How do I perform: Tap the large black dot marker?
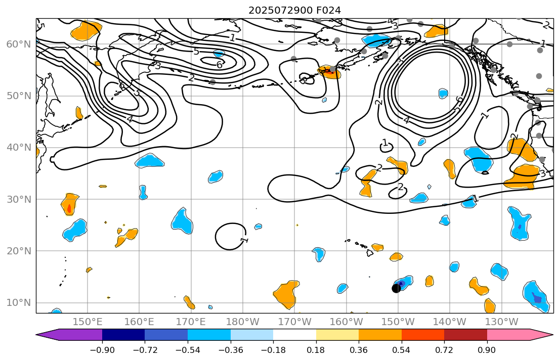pyautogui.click(x=396, y=288)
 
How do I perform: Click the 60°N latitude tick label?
pyautogui.click(x=19, y=44)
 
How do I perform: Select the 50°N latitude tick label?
pyautogui.click(x=19, y=96)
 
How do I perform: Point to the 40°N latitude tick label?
pyautogui.click(x=19, y=148)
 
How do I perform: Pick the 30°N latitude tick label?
pyautogui.click(x=19, y=199)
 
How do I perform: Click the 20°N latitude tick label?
pyautogui.click(x=19, y=251)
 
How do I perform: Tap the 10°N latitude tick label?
pyautogui.click(x=19, y=303)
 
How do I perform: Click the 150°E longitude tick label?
pyautogui.click(x=88, y=322)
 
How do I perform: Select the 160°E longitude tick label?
pyautogui.click(x=140, y=322)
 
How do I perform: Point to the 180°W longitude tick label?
pyautogui.click(x=243, y=322)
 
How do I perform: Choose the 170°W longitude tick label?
pyautogui.click(x=295, y=322)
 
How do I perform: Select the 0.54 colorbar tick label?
pyautogui.click(x=402, y=350)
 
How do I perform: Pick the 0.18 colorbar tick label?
pyautogui.click(x=316, y=350)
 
